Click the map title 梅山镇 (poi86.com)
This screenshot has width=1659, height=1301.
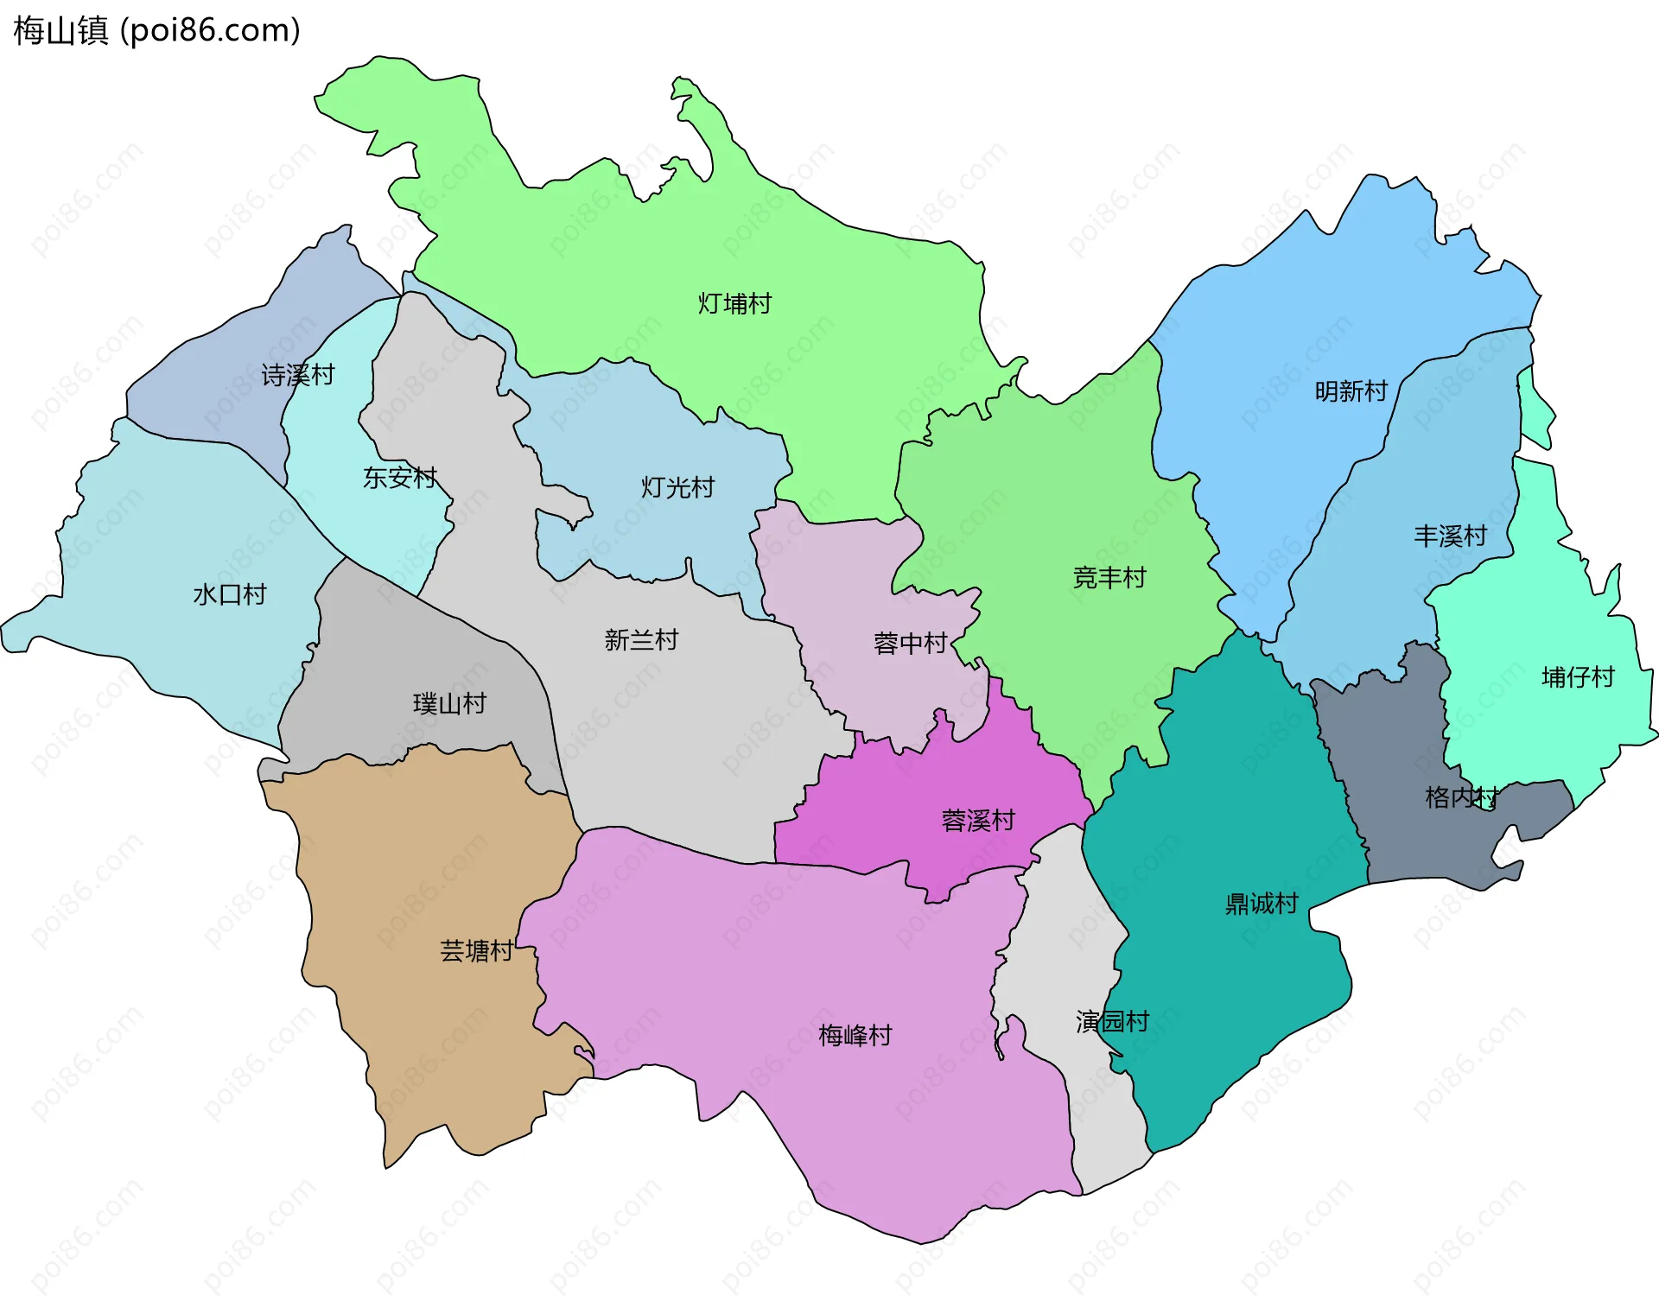pyautogui.click(x=156, y=30)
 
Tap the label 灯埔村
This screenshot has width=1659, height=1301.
pyautogui.click(x=734, y=304)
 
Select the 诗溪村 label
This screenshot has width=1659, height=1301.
pyautogui.click(x=298, y=375)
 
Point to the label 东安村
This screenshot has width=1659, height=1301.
pyautogui.click(x=400, y=477)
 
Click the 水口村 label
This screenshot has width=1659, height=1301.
pyautogui.click(x=230, y=594)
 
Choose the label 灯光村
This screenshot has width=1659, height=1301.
pyautogui.click(x=677, y=487)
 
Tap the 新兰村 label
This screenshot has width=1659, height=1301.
pyautogui.click(x=641, y=640)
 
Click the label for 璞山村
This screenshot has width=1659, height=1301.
pyautogui.click(x=449, y=703)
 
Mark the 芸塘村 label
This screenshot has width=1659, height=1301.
pyautogui.click(x=476, y=951)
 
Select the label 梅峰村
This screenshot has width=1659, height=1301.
pyautogui.click(x=855, y=1035)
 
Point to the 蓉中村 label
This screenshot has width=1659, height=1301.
pyautogui.click(x=911, y=644)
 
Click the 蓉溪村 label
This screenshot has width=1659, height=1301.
pyautogui.click(x=978, y=821)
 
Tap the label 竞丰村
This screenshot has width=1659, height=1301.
pyautogui.click(x=1109, y=577)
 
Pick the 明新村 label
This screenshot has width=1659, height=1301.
pyautogui.click(x=1351, y=391)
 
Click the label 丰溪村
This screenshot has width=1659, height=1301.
pyautogui.click(x=1451, y=536)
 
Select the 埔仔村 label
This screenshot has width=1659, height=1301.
pyautogui.click(x=1579, y=677)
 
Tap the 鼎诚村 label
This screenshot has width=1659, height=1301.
pyautogui.click(x=1262, y=904)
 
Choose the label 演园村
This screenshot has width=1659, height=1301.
pyautogui.click(x=1113, y=1022)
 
